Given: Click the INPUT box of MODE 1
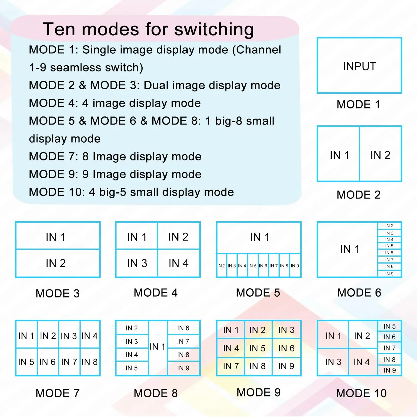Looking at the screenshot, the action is [359, 66].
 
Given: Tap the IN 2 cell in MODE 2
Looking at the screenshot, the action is [381, 154].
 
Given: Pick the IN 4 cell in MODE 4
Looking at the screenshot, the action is [179, 263].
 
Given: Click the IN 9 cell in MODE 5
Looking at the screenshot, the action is [295, 265].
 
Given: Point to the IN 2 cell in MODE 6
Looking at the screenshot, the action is [389, 226].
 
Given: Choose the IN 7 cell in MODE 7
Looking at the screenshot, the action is [69, 362].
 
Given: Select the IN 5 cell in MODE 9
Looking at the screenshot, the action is [257, 348].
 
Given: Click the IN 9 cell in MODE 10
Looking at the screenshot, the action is [389, 370].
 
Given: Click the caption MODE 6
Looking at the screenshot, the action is [359, 293].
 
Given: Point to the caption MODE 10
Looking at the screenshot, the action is [361, 393].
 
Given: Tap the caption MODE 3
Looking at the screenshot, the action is [58, 294].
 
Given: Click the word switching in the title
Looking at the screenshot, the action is [214, 29].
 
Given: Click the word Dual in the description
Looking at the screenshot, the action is [156, 85].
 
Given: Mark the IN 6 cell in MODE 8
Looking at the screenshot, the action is [183, 328].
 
